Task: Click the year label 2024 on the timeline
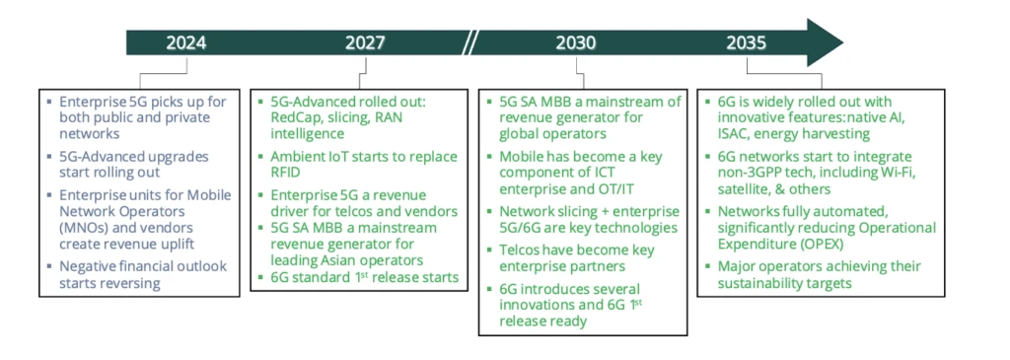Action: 186,43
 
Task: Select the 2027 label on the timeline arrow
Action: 365,43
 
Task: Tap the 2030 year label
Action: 576,43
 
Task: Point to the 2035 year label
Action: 747,43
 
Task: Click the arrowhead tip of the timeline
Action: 842,42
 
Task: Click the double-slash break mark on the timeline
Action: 471,42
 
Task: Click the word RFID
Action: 286,173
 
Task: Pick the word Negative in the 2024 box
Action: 87,266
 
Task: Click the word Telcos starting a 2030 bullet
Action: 521,251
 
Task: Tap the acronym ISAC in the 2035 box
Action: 736,134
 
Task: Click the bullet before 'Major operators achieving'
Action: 708,266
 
